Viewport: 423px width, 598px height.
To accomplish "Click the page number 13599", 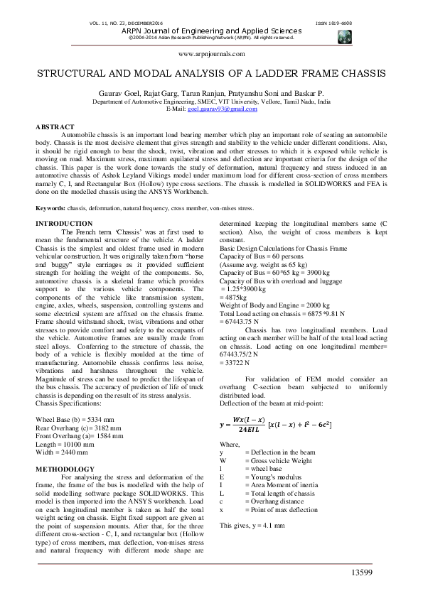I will tap(362, 573).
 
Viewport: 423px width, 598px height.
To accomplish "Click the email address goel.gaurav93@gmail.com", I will tap(223, 109).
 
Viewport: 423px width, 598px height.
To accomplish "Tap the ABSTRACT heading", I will tap(55, 127).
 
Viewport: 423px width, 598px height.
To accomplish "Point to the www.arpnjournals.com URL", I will tap(211, 54).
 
